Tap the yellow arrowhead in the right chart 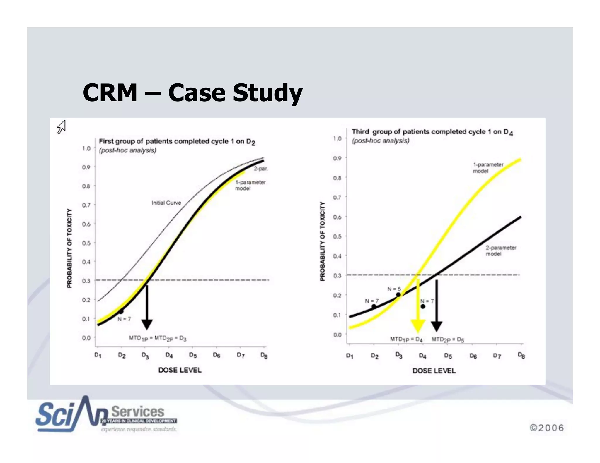(x=418, y=325)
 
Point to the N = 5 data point (x=398, y=295)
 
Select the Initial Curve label (x=166, y=203)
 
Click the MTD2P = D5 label (x=448, y=339)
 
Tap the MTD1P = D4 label (x=406, y=339)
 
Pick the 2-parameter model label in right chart (x=501, y=251)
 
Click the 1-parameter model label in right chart (x=488, y=168)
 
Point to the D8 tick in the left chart (x=264, y=355)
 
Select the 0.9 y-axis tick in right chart (x=337, y=158)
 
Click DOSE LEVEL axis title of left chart (x=180, y=370)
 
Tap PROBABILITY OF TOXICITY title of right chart (x=322, y=241)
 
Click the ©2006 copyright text (x=547, y=428)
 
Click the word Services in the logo (x=138, y=411)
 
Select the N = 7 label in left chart (x=124, y=319)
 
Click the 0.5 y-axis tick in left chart (x=86, y=243)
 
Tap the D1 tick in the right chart (x=350, y=356)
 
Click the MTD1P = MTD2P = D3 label (x=158, y=338)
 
